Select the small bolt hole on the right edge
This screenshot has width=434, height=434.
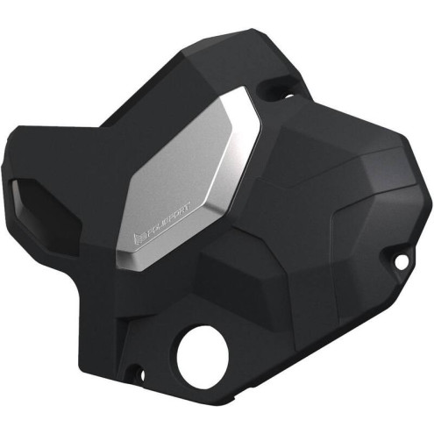401,261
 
